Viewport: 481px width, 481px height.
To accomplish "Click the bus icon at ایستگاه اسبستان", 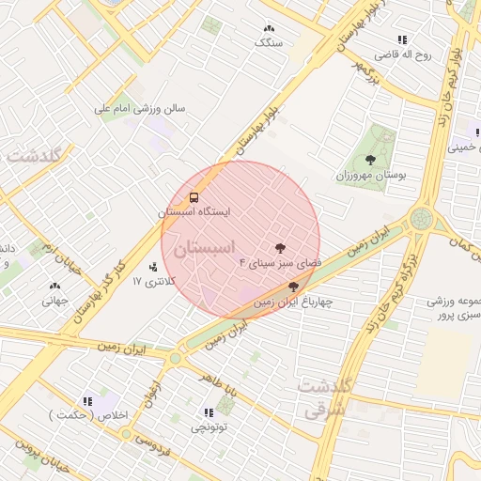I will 194,197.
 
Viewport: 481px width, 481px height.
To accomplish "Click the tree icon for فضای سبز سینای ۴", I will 280,248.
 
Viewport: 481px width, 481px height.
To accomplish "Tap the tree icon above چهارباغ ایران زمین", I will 294,287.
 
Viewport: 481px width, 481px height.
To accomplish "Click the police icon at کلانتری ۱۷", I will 153,268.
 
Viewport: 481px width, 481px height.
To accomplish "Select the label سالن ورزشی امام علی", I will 140,108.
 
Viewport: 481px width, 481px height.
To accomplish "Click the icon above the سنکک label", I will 271,29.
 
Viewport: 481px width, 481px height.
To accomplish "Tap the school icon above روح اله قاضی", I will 402,39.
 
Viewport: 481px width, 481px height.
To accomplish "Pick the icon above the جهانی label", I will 54,287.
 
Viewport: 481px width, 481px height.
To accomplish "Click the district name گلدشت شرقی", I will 324,397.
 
